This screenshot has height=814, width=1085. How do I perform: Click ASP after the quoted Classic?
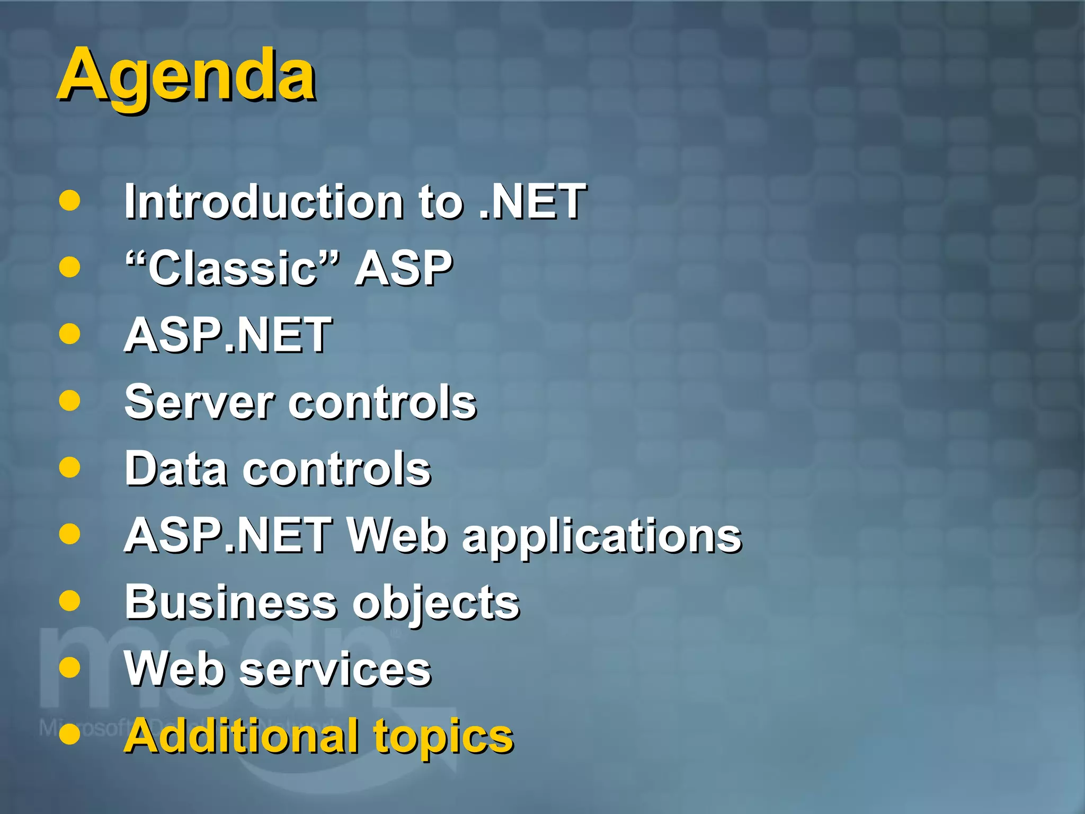pos(403,268)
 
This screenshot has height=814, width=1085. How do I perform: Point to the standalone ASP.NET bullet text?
pos(228,335)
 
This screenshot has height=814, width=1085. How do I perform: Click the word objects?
pos(435,603)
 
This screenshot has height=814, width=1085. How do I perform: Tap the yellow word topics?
pos(443,737)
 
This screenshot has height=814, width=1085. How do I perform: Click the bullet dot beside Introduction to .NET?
pos(69,201)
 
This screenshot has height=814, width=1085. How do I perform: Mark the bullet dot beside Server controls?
pos(69,401)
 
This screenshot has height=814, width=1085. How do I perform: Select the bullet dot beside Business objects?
pos(69,601)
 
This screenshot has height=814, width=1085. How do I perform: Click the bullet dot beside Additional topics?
pos(69,735)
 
